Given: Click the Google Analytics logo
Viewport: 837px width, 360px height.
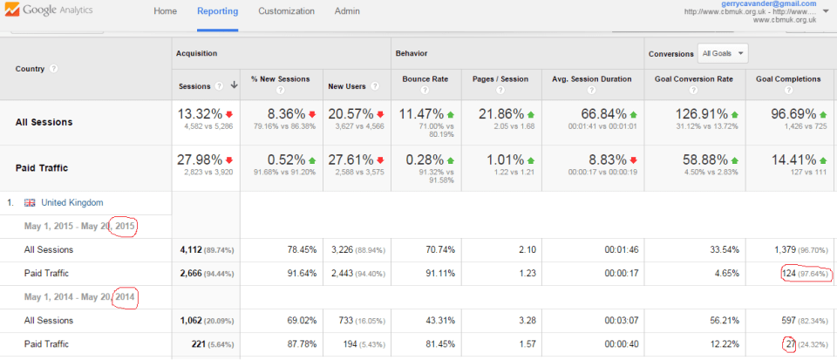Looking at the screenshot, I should point(58,12).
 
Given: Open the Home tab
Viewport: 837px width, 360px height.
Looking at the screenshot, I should point(165,12).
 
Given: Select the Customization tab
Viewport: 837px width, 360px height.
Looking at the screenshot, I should point(286,12).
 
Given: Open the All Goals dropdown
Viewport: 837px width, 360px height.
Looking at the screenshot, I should point(724,53).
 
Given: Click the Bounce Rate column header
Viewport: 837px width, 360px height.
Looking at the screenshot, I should point(425,79).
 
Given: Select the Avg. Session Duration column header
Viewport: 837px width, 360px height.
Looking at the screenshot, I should point(591,79).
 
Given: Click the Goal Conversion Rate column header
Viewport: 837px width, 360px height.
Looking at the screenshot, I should point(693,79).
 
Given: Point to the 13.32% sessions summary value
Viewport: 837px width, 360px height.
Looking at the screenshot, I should point(200,114).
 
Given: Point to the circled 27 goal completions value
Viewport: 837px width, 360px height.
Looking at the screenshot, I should point(789,344).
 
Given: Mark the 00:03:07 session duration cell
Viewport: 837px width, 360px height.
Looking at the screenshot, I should point(618,321).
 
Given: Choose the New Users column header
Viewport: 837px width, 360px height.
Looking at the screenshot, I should point(348,85).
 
